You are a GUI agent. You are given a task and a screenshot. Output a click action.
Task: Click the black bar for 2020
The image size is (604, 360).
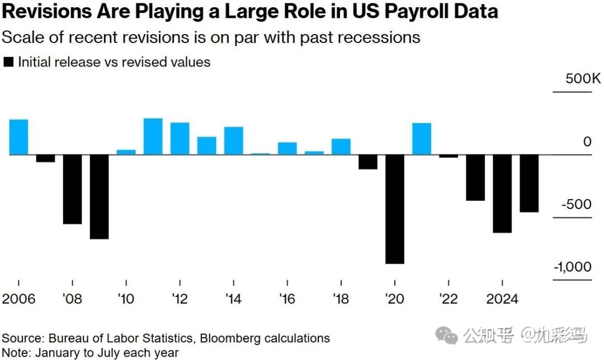point(395,209)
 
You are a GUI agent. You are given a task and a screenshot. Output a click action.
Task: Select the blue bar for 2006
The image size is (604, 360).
point(18,137)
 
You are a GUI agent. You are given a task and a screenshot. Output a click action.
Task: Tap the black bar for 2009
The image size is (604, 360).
point(99,196)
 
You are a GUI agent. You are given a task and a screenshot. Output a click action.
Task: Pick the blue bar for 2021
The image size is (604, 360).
point(422,139)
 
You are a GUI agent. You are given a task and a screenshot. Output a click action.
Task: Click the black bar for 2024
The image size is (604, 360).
point(502,193)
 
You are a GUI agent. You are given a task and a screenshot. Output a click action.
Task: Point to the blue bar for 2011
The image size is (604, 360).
point(153,136)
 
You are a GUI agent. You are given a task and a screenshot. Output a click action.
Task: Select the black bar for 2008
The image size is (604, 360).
point(72,189)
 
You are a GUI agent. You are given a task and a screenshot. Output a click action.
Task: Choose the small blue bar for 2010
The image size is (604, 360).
point(126,152)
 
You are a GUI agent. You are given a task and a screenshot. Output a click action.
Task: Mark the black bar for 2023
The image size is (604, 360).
point(475,177)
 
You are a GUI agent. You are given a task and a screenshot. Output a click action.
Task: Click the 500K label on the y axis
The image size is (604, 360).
point(583,79)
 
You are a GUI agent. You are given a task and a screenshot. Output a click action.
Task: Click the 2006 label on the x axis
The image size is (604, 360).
point(19,299)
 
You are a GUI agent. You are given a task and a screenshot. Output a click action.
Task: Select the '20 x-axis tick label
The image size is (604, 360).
point(395,299)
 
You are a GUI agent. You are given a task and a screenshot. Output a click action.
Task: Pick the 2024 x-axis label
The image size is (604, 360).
point(502,299)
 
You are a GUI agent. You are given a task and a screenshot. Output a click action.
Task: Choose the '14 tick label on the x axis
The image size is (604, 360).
point(233,299)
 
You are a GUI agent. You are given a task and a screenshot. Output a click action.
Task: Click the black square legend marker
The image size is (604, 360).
point(8,63)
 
